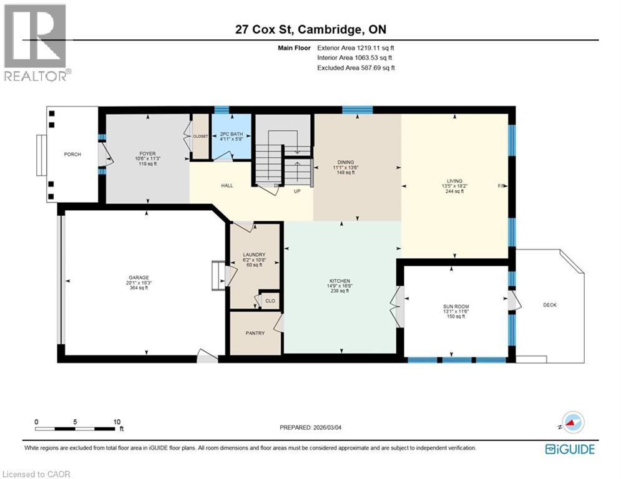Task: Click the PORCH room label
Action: tap(72, 155)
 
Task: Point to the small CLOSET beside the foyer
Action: tap(200, 136)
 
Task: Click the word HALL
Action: tap(227, 185)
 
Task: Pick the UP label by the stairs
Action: tap(298, 191)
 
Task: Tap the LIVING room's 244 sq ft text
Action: tap(453, 191)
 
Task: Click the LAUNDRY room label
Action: tap(255, 254)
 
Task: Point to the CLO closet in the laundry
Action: tap(270, 301)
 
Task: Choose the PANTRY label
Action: tap(255, 333)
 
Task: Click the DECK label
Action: tap(549, 305)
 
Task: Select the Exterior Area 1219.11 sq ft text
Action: tap(356, 47)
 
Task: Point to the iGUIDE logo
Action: tap(570, 449)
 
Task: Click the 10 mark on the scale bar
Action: tap(117, 422)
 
